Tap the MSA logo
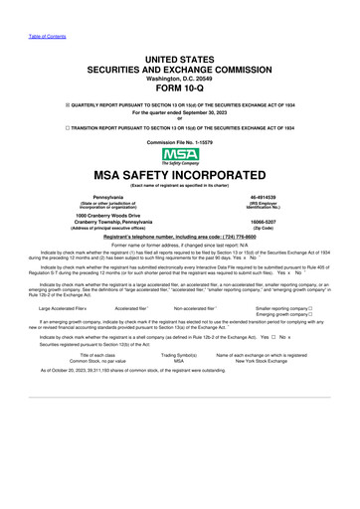point(179,155)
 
